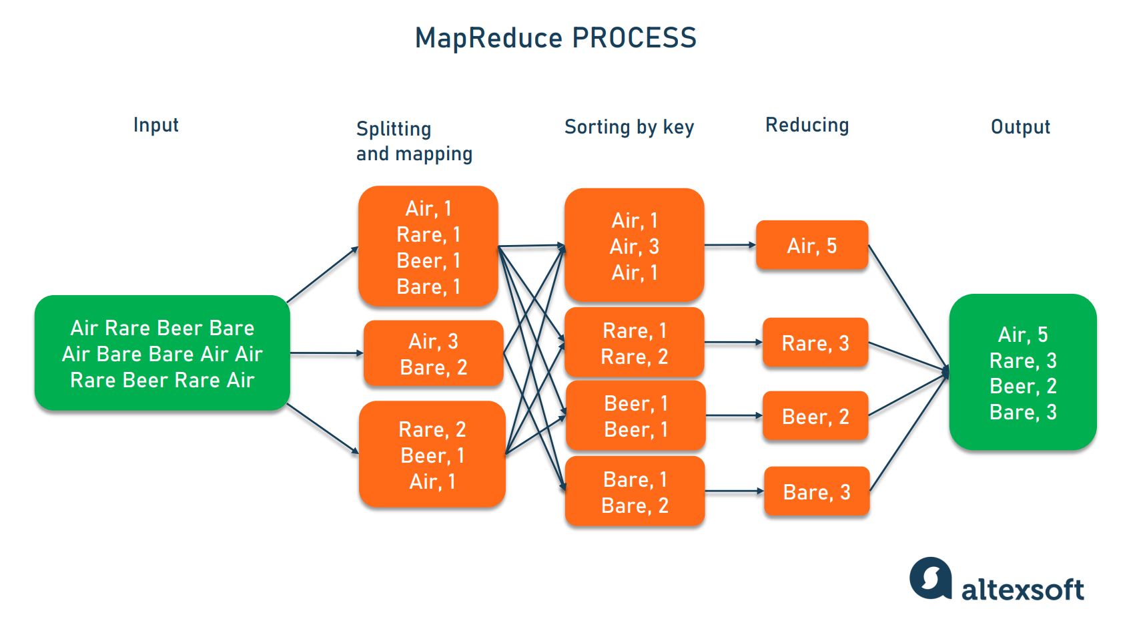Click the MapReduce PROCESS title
click(555, 38)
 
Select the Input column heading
click(155, 125)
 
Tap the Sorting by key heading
click(629, 127)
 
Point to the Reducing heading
click(807, 125)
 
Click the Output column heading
click(1020, 127)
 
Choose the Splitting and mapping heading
click(414, 141)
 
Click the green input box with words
click(162, 353)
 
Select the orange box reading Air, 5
click(811, 246)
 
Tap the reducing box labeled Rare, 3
click(815, 343)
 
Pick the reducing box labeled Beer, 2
click(815, 417)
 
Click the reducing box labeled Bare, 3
click(816, 492)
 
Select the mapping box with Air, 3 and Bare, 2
click(433, 354)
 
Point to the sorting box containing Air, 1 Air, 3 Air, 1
click(634, 246)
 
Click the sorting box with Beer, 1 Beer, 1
click(635, 416)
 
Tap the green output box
click(1022, 373)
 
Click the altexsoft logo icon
click(930, 578)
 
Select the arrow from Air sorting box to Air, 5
click(730, 245)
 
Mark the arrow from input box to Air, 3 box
click(326, 353)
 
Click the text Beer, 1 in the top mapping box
click(428, 260)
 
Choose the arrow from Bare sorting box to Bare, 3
click(734, 491)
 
